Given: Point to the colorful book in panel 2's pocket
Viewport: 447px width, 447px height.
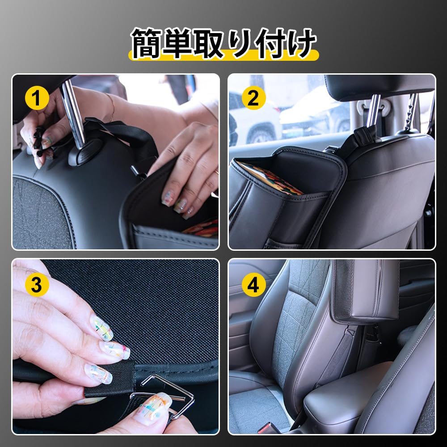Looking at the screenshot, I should pyautogui.click(x=268, y=177).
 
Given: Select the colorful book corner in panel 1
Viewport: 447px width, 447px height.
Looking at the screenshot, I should pyautogui.click(x=201, y=228).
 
